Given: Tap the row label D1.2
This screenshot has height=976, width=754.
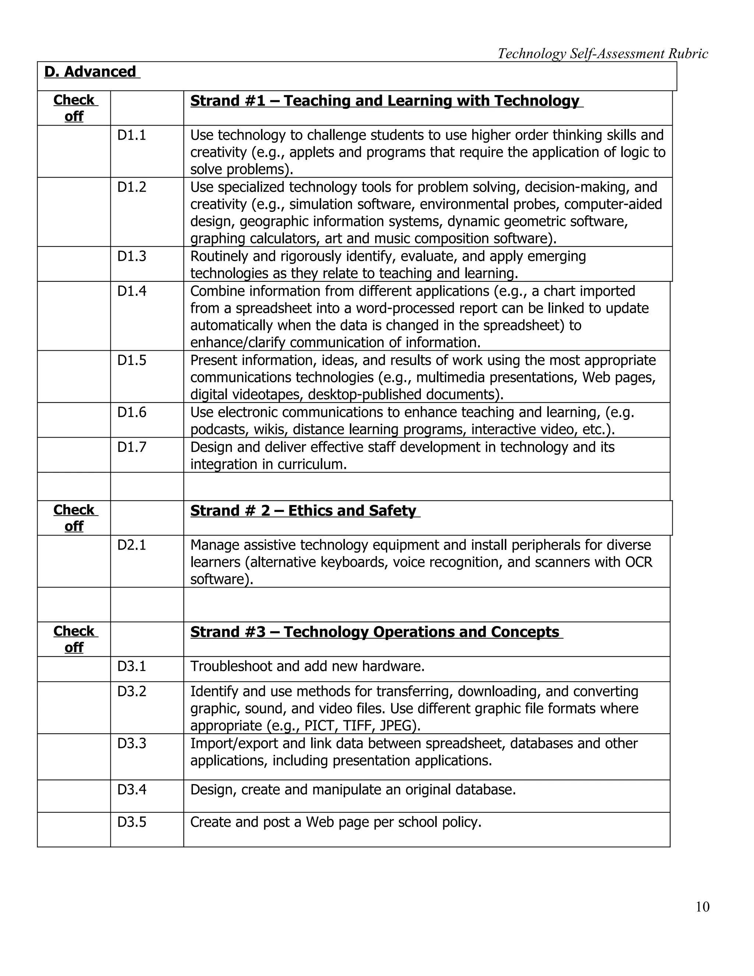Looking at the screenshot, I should (x=132, y=187).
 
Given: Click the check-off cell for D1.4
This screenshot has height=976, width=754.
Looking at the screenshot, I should (x=74, y=316).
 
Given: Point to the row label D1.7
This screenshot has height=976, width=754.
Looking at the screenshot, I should (x=132, y=447).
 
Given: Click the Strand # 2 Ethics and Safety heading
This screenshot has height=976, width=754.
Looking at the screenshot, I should (x=303, y=511).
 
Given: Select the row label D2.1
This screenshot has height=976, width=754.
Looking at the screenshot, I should (x=132, y=545).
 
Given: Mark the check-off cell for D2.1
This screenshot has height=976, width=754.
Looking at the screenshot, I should (x=74, y=561).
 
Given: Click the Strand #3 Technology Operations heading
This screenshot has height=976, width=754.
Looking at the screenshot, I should (x=375, y=632).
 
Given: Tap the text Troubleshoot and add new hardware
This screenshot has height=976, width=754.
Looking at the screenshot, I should (x=307, y=666).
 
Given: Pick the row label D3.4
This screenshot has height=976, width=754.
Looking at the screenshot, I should (x=132, y=790).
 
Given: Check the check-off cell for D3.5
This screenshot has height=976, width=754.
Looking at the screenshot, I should (x=74, y=829).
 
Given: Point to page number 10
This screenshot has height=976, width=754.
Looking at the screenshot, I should (x=702, y=907).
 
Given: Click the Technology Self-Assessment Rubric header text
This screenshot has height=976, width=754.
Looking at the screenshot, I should (x=603, y=54).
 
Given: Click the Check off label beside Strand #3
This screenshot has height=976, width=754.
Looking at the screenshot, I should (x=74, y=639).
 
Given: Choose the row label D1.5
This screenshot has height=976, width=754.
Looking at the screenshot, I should (x=132, y=361).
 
